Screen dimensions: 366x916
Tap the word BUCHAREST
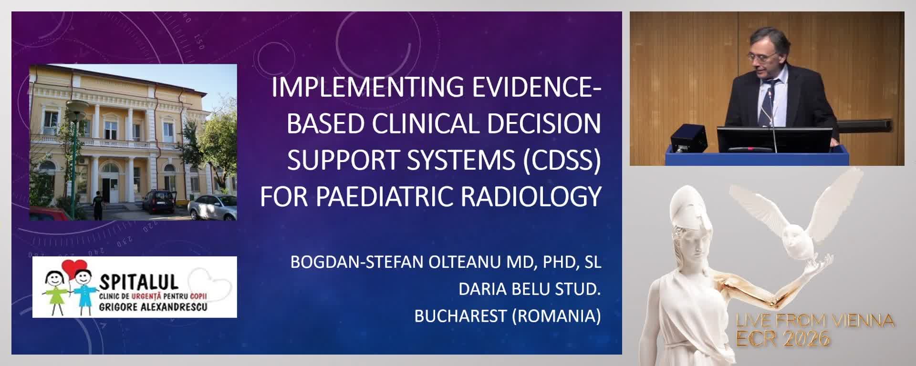click(460, 316)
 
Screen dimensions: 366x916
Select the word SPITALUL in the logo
click(138, 282)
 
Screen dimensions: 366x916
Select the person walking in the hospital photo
click(97, 204)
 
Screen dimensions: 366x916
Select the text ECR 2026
click(782, 339)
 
